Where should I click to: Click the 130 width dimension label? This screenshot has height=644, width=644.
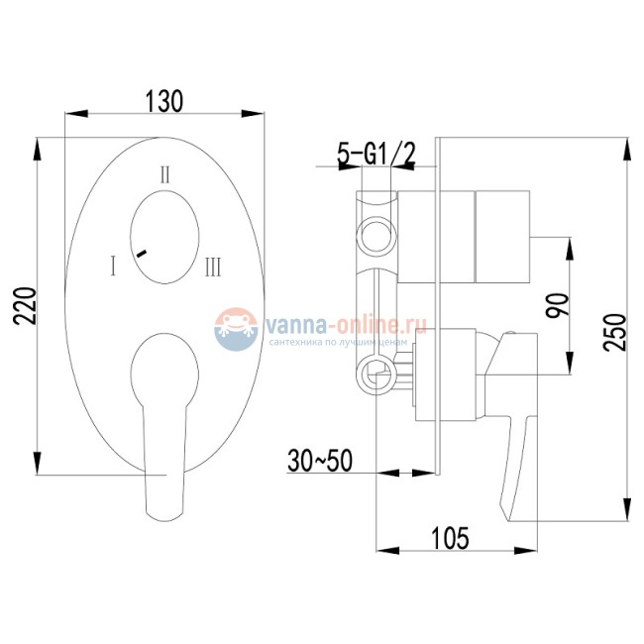click(165, 100)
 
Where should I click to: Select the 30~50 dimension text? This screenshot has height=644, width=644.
click(318, 460)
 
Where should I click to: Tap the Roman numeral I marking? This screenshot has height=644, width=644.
click(115, 266)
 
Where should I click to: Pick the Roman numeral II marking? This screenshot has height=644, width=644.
click(166, 174)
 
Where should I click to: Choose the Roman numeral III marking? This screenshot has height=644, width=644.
click(214, 267)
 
